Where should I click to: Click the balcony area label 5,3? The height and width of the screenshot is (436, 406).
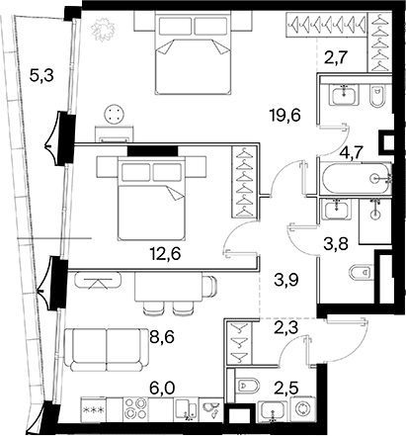pyautogui.click(x=41, y=77)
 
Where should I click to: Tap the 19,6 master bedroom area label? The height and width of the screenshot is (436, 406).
pyautogui.click(x=284, y=116)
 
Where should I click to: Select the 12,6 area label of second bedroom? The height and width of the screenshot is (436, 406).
pyautogui.click(x=165, y=254)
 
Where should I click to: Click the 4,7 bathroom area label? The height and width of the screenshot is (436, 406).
pyautogui.click(x=352, y=152)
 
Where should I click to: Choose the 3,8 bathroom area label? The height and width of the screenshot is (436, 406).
pyautogui.click(x=337, y=244)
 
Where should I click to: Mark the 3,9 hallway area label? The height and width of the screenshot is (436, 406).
pyautogui.click(x=286, y=281)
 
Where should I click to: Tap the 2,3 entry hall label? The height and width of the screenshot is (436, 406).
pyautogui.click(x=286, y=328)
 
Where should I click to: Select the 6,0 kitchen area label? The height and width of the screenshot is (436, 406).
pyautogui.click(x=162, y=388)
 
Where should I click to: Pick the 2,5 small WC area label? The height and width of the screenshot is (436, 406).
pyautogui.click(x=287, y=388)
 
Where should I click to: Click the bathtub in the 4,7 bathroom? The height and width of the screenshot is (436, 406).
pyautogui.click(x=357, y=179)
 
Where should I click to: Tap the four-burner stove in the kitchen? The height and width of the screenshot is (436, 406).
pyautogui.click(x=135, y=408)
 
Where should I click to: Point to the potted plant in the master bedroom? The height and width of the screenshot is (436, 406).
pyautogui.click(x=104, y=29)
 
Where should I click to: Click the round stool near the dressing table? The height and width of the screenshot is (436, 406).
pyautogui.click(x=115, y=114)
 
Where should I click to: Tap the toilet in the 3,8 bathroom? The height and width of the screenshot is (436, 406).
pyautogui.click(x=363, y=273)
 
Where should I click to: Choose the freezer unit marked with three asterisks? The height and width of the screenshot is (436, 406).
pyautogui.click(x=94, y=409)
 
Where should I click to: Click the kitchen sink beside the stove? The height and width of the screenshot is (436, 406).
pyautogui.click(x=186, y=409)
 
